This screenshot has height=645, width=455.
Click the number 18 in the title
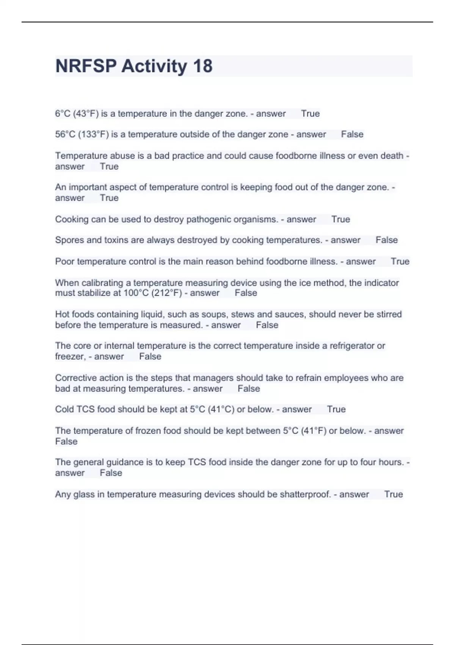click(x=202, y=66)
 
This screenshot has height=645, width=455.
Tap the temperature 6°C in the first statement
click(x=63, y=114)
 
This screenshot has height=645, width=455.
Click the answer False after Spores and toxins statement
click(x=386, y=240)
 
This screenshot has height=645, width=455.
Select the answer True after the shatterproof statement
click(x=393, y=494)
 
